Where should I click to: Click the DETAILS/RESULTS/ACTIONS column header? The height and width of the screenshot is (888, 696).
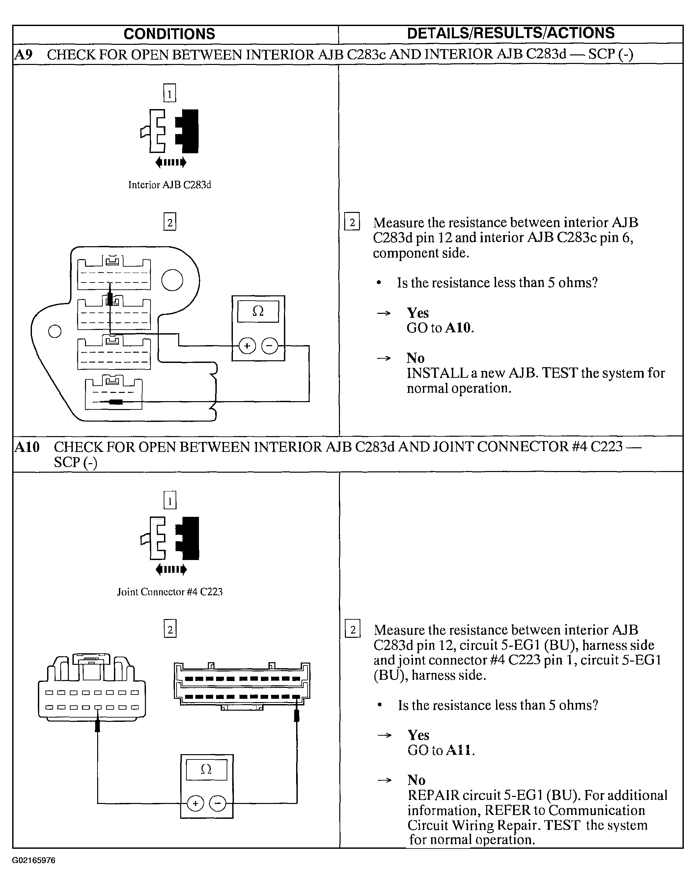[x=511, y=33]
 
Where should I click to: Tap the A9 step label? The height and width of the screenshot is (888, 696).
[x=23, y=54]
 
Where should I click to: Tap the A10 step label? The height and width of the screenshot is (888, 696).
[x=27, y=447]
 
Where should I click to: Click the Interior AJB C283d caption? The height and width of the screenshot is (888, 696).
[x=170, y=185]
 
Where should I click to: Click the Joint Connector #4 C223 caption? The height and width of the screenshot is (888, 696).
[x=170, y=592]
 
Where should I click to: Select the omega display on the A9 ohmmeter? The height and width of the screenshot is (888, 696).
[x=258, y=311]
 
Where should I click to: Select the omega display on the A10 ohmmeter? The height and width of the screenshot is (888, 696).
[x=206, y=769]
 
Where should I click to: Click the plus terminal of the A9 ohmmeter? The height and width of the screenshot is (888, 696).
[x=246, y=346]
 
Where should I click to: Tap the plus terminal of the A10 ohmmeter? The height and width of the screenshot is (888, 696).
[x=195, y=803]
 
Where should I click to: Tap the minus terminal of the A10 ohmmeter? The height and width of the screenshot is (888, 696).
[x=218, y=803]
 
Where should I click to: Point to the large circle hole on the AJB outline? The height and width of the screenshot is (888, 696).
[x=172, y=280]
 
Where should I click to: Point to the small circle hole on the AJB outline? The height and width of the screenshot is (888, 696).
[x=55, y=331]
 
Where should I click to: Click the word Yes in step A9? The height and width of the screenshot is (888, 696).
[x=418, y=313]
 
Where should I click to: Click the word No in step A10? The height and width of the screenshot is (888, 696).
[x=416, y=780]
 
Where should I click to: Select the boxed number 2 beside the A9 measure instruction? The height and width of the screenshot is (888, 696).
[x=352, y=222]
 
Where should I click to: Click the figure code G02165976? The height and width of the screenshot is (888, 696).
[x=33, y=861]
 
